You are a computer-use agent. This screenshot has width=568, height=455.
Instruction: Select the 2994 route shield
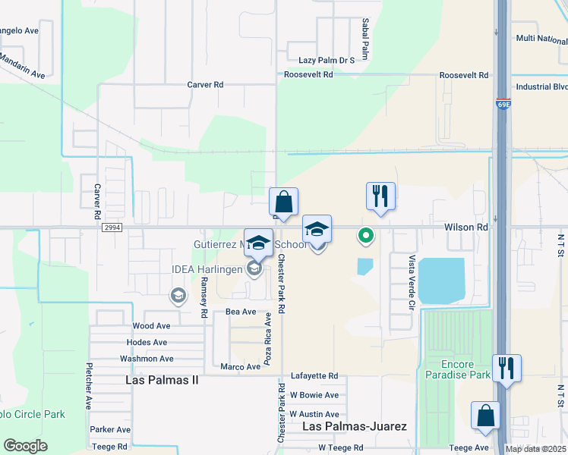(x=111, y=227)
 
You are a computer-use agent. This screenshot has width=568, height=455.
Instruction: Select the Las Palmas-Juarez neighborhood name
(x=355, y=426)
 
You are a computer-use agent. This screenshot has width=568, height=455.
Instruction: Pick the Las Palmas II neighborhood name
(x=163, y=379)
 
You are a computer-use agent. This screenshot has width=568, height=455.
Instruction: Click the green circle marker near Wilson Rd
(x=365, y=236)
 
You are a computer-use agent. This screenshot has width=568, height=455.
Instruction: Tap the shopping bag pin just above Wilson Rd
(x=283, y=202)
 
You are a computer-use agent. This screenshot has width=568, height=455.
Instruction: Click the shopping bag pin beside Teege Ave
(x=486, y=416)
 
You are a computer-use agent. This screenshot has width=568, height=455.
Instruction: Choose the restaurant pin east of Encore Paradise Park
(x=506, y=369)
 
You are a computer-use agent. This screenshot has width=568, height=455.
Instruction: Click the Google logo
(x=25, y=446)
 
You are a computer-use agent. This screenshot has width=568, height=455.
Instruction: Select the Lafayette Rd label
(x=314, y=376)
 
